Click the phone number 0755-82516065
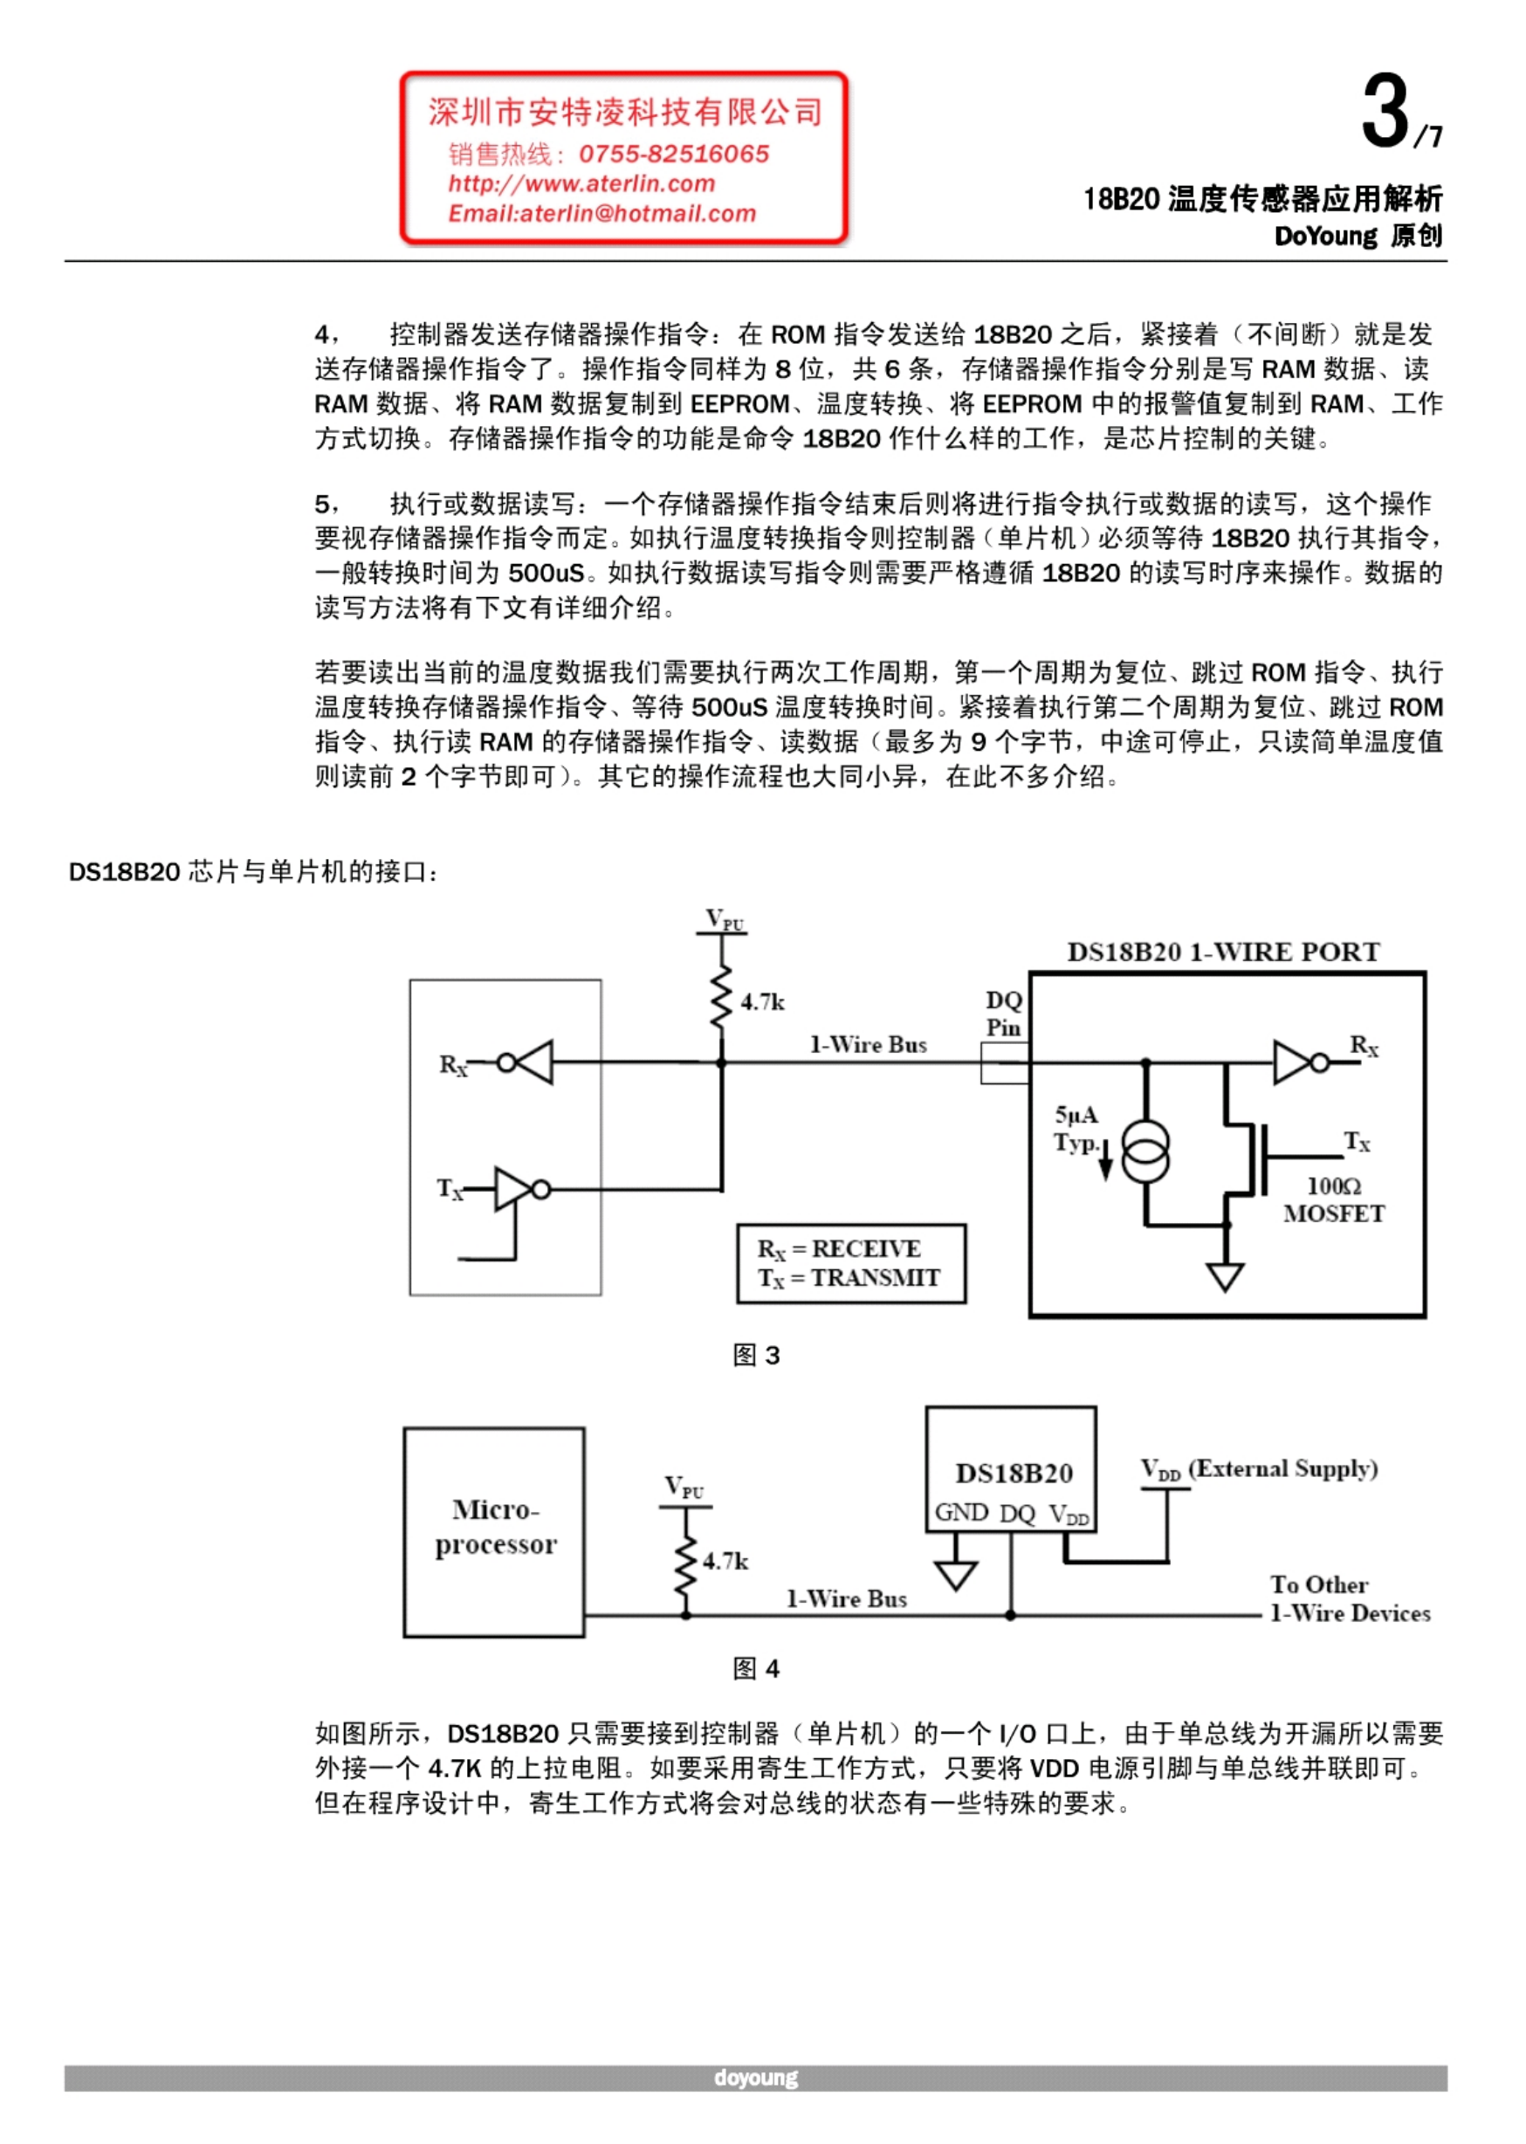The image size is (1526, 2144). [x=674, y=155]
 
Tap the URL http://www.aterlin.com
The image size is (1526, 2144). [x=581, y=184]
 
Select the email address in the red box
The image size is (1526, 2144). [x=602, y=214]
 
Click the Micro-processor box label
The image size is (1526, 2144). [x=495, y=1527]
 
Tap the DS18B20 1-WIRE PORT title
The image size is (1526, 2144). [x=1223, y=952]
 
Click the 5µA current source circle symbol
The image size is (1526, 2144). [x=1146, y=1151]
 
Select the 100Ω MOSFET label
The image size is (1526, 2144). [x=1334, y=1199]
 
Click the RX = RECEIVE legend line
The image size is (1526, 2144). [x=839, y=1249]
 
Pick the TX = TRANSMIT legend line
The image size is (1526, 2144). [x=849, y=1279]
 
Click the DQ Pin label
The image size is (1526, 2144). [x=1004, y=1014]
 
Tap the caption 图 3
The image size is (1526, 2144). [x=756, y=1355]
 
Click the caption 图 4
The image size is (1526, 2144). [x=756, y=1667]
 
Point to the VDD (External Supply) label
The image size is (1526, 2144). [x=1259, y=1468]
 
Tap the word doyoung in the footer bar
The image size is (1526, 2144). [x=755, y=2078]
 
